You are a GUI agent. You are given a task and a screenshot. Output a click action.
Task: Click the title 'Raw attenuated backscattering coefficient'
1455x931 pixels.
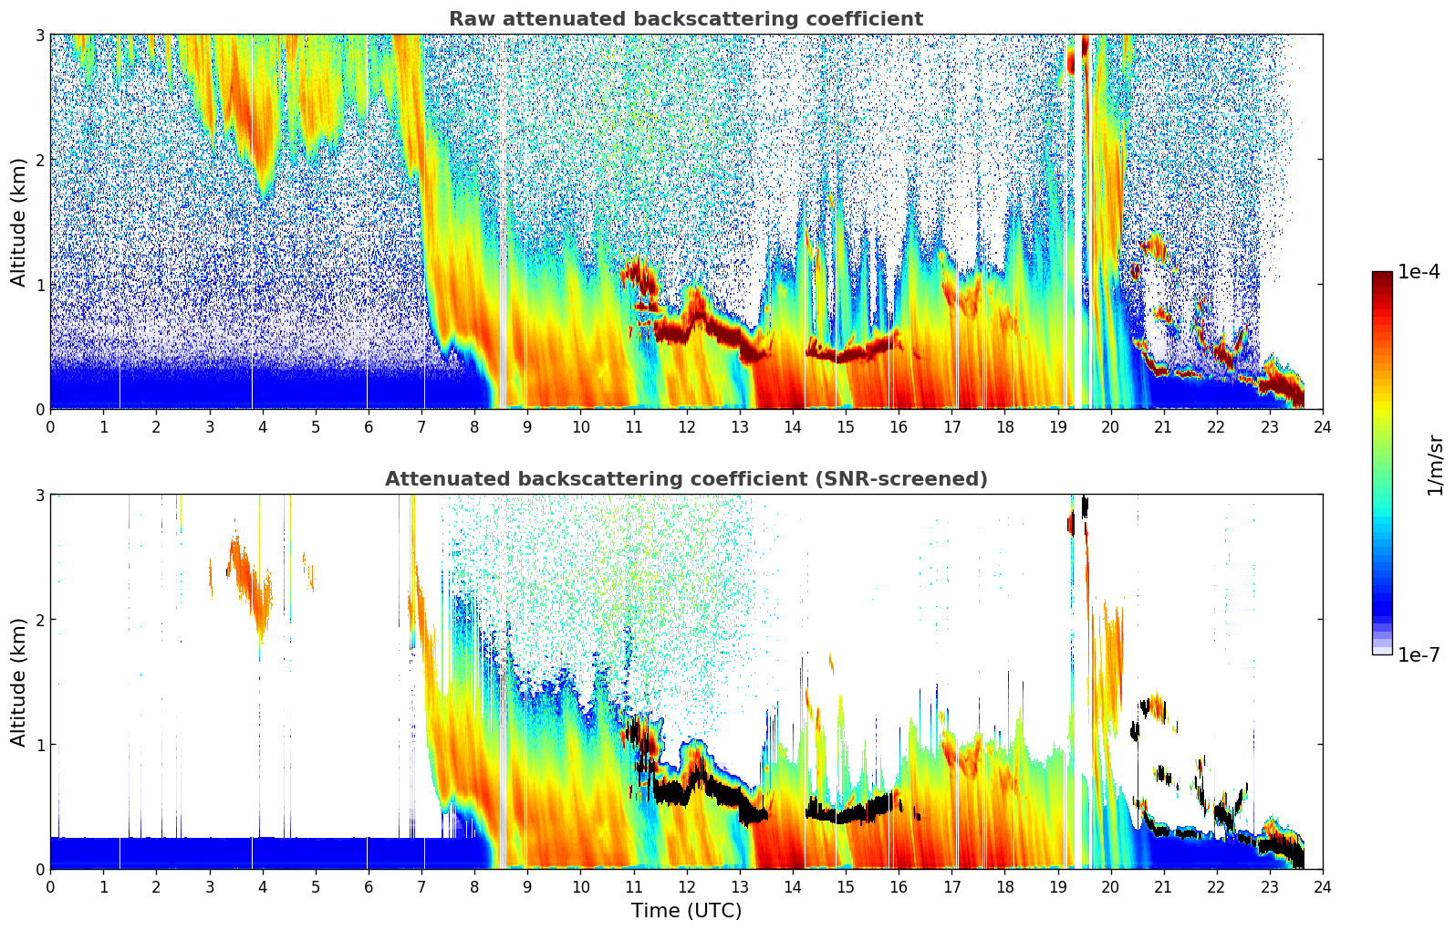coord(686,19)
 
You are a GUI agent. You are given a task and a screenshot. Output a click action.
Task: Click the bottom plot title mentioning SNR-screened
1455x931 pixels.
coord(686,479)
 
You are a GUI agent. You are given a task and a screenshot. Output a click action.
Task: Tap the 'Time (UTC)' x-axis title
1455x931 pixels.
coord(686,910)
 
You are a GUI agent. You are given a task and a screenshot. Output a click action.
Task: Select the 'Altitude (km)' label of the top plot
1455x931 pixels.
coord(19,222)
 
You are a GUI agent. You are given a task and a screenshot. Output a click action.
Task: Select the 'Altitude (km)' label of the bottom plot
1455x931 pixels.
coord(19,682)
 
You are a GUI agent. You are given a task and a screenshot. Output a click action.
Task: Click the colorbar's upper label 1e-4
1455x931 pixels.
coord(1419,272)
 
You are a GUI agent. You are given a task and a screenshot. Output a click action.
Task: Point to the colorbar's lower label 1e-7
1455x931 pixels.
coord(1419,654)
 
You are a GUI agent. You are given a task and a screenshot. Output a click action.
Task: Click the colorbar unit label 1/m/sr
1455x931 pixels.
coord(1435,465)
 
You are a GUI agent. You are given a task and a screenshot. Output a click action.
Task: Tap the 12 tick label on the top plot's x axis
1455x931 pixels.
coord(686,426)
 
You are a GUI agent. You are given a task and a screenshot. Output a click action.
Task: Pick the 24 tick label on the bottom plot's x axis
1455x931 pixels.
coord(1322,886)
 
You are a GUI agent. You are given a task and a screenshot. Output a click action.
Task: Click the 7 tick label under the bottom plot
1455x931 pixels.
coord(421,886)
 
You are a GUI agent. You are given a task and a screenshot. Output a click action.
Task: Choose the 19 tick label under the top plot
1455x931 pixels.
coord(1057,426)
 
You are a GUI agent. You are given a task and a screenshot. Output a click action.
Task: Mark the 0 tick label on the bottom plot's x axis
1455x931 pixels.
coord(50,886)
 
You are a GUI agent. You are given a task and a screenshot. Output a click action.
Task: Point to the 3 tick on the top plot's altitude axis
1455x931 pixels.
coord(39,35)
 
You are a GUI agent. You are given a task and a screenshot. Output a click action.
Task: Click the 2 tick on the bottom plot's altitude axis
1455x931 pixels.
coord(39,620)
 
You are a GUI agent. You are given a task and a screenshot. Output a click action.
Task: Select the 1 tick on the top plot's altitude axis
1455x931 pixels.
coord(39,285)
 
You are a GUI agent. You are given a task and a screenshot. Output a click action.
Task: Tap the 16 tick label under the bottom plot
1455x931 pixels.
coord(899,886)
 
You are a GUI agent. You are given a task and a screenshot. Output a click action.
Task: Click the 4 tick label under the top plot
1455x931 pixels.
coord(263,426)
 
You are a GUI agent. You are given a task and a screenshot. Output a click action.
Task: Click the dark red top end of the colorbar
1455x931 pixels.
coord(1382,276)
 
